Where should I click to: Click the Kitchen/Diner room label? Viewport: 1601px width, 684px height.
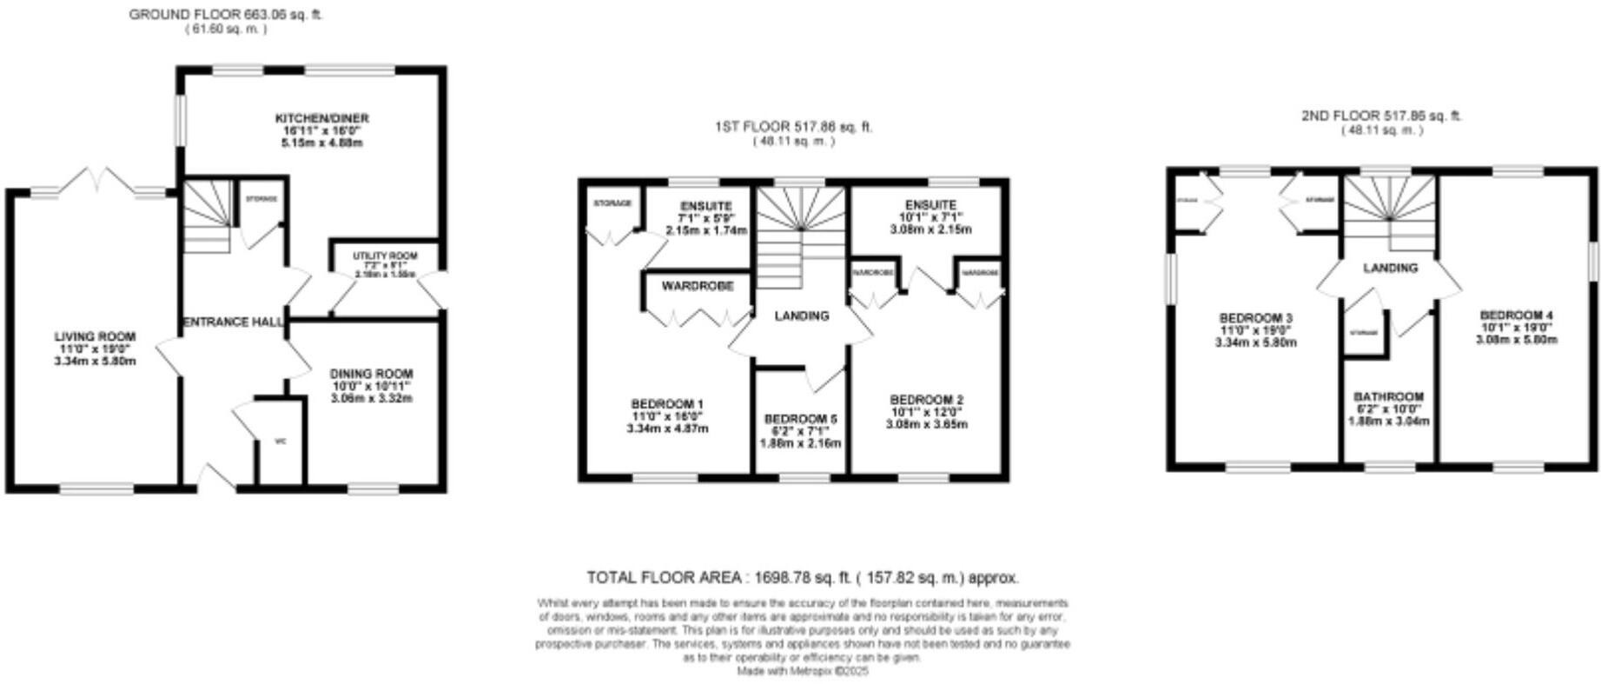[x=321, y=118]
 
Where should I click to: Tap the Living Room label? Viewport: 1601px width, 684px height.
[x=95, y=337]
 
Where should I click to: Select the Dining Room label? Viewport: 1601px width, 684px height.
[x=371, y=375]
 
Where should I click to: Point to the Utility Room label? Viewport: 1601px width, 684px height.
[x=384, y=256]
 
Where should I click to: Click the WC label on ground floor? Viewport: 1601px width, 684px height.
[x=280, y=442]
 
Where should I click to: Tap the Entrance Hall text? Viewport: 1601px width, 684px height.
[x=233, y=322]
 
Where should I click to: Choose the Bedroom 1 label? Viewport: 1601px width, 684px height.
[x=667, y=404]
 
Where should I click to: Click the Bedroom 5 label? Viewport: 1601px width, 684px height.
[x=799, y=418]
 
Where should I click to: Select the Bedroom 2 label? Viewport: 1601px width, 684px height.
[x=926, y=400]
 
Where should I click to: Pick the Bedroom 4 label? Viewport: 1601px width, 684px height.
[x=1516, y=315]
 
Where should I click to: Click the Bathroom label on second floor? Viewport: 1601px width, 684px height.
[x=1389, y=397]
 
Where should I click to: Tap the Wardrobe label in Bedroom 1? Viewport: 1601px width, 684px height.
[x=697, y=286]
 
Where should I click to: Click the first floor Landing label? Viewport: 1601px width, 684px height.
[x=801, y=316]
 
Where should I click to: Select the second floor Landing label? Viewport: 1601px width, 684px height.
[x=1389, y=269]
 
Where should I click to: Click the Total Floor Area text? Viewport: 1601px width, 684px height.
[x=802, y=577]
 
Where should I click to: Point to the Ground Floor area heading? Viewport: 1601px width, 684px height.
[x=225, y=15]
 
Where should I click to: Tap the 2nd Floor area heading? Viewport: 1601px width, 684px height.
[x=1381, y=116]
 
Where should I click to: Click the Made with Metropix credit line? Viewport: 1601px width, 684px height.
[x=802, y=671]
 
